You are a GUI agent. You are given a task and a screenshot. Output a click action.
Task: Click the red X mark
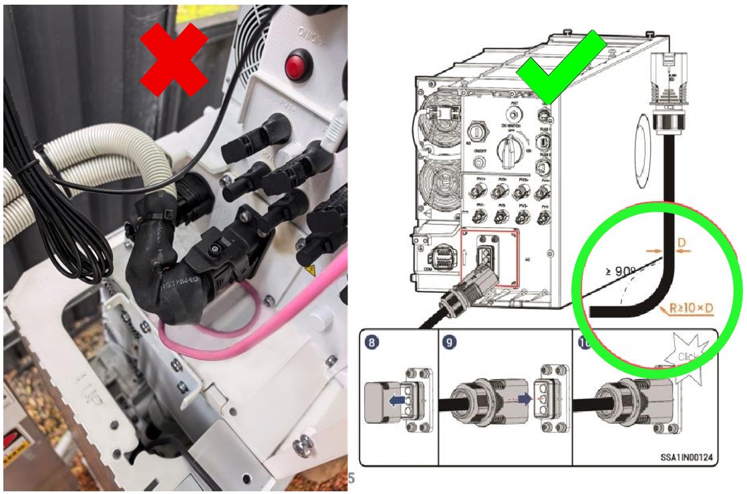pos(176,59)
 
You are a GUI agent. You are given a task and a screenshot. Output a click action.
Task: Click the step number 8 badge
pos(375,343)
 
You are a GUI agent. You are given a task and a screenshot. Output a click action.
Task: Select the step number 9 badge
pos(452,343)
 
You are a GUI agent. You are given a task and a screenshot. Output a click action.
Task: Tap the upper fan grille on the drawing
pos(438,114)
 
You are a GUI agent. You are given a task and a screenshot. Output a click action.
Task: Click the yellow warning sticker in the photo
pos(309,272)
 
